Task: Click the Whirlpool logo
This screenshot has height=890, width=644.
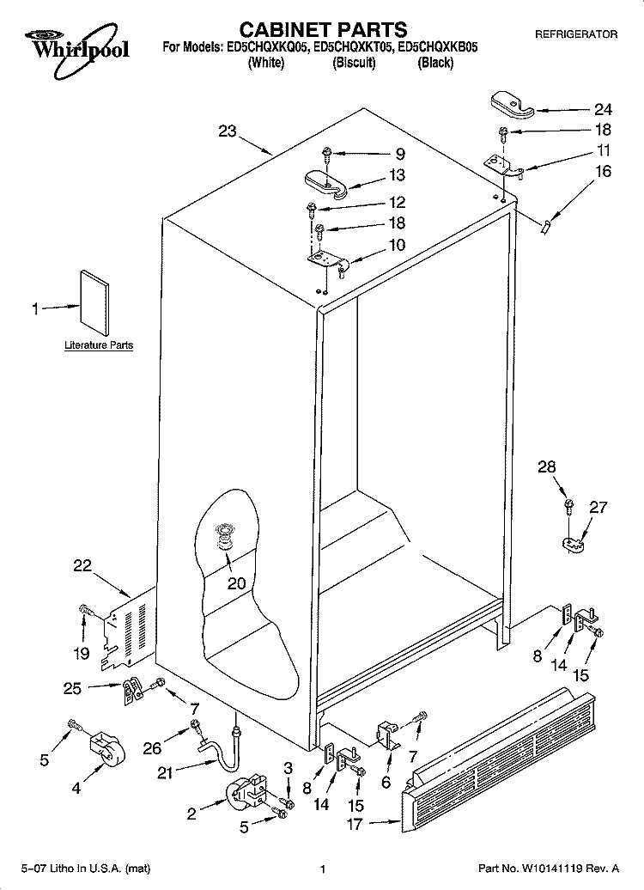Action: tap(77, 51)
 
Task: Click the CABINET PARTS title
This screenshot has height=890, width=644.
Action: tap(323, 29)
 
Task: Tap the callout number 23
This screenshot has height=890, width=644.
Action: tap(228, 131)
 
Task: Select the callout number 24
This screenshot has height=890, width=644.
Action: tap(603, 109)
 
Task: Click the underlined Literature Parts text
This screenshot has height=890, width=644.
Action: tap(99, 345)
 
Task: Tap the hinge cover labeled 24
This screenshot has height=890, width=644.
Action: tap(512, 105)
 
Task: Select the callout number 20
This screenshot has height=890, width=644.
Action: tap(237, 583)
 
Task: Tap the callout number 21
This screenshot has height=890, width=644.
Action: tap(165, 773)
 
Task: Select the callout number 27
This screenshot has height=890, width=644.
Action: tap(598, 507)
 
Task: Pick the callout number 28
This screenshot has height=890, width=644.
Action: tap(547, 467)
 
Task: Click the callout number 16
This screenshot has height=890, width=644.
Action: tap(603, 171)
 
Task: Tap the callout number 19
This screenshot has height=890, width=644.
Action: tap(82, 653)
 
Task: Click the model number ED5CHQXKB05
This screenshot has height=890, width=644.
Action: tap(437, 48)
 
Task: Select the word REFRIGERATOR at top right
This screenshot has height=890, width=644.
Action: tap(576, 34)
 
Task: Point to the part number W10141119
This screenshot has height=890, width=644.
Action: tap(553, 869)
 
